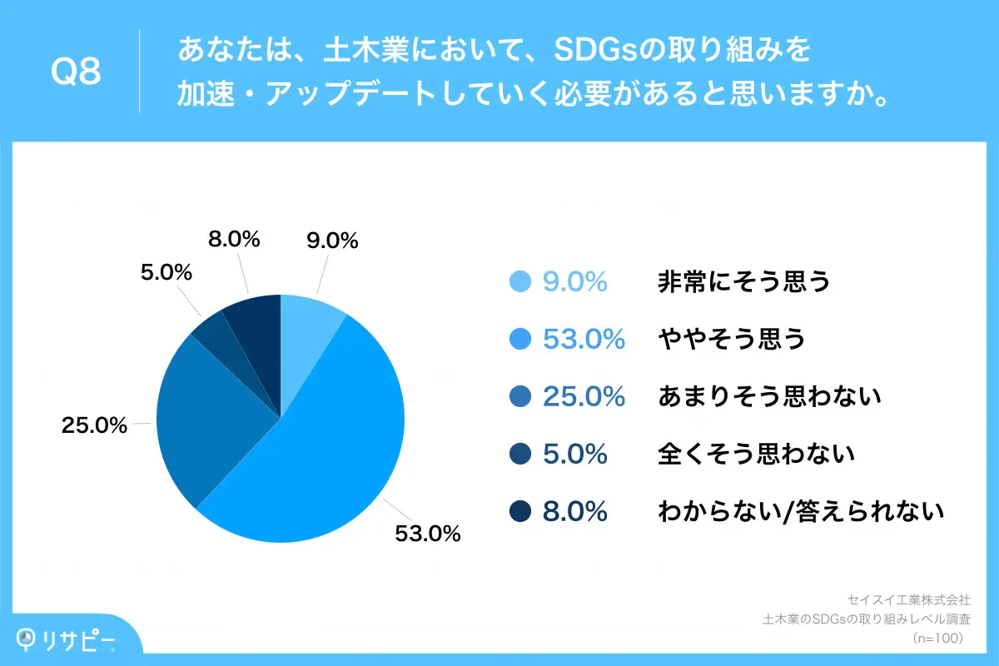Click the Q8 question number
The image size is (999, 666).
point(76,72)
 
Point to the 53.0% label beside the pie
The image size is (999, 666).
point(428,534)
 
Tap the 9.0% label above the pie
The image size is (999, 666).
point(333,241)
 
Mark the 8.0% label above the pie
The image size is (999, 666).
point(234,239)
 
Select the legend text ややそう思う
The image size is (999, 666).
point(732,339)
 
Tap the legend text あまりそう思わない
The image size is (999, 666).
point(769,396)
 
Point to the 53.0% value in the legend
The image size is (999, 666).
point(584,339)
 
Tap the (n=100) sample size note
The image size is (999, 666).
point(937,639)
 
